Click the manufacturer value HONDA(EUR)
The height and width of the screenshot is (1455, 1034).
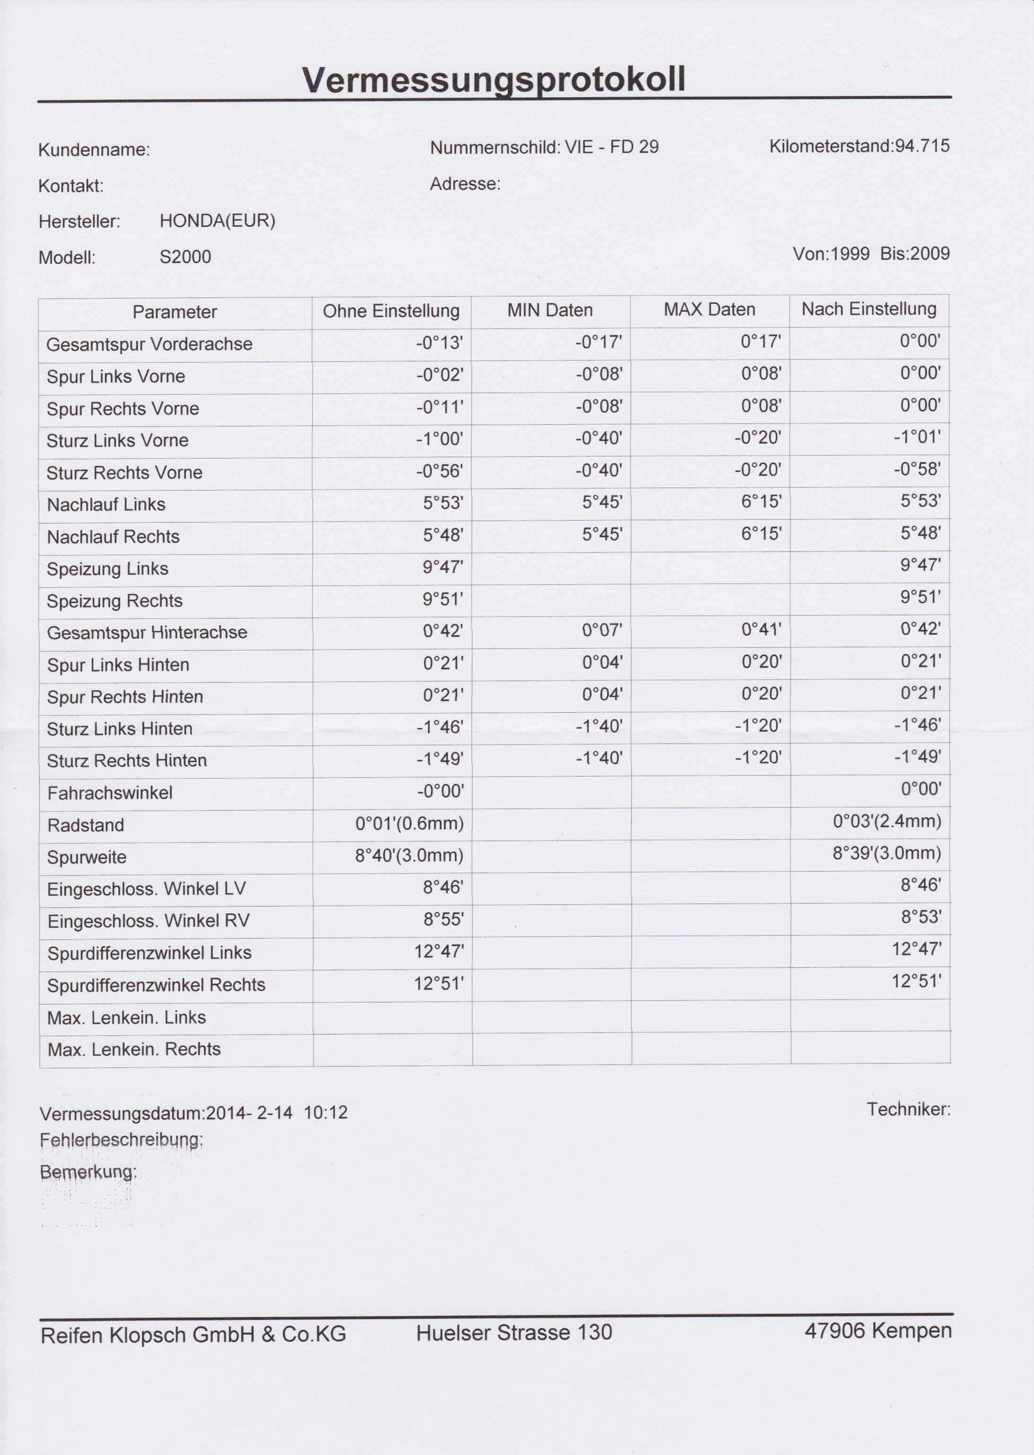pyautogui.click(x=217, y=221)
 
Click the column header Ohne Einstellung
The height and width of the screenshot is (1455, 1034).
pyautogui.click(x=391, y=311)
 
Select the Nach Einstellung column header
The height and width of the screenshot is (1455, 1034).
pyautogui.click(x=868, y=309)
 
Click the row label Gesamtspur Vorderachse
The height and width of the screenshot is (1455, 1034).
pyautogui.click(x=149, y=344)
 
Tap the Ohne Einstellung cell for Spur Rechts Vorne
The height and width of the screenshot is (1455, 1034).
pyautogui.click(x=439, y=407)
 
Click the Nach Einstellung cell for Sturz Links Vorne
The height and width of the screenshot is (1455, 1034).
pyautogui.click(x=920, y=437)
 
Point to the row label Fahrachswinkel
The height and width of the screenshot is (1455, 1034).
pyautogui.click(x=110, y=793)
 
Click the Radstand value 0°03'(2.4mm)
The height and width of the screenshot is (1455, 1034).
pyautogui.click(x=886, y=822)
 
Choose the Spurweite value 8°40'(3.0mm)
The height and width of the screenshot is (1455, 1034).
pyautogui.click(x=409, y=856)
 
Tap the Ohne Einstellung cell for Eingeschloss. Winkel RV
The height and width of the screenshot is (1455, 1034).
pyautogui.click(x=443, y=920)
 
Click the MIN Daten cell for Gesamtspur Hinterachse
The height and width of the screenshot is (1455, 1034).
pyautogui.click(x=602, y=631)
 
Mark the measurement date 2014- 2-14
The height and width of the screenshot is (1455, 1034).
pyautogui.click(x=250, y=1113)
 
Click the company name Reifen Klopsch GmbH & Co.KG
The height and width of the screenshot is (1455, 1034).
pyautogui.click(x=193, y=1334)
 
